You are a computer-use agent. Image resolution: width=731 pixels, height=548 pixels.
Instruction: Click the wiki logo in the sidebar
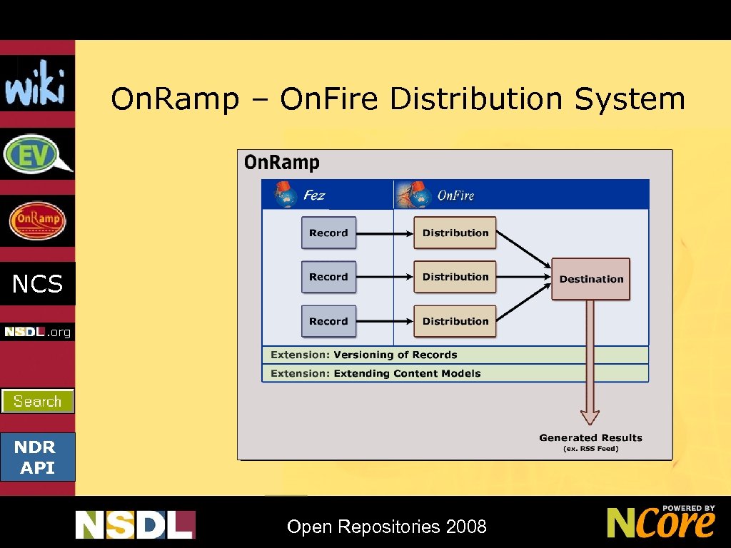pyautogui.click(x=36, y=83)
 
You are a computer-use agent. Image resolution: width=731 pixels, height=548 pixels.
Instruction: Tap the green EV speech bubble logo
pyautogui.click(x=37, y=154)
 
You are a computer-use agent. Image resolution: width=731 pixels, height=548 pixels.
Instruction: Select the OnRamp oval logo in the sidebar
pyautogui.click(x=37, y=220)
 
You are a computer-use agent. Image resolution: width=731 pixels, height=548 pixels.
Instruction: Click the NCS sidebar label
pyautogui.click(x=37, y=284)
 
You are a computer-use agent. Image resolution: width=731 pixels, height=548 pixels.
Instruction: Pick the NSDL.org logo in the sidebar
pyautogui.click(x=37, y=332)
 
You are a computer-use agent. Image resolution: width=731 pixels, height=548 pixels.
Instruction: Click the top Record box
pyautogui.click(x=328, y=233)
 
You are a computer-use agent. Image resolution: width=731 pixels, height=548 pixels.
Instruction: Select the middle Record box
pyautogui.click(x=328, y=277)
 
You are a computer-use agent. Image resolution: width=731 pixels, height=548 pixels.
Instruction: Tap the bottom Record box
pyautogui.click(x=328, y=321)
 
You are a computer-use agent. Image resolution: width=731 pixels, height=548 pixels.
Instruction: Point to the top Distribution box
pyautogui.click(x=455, y=233)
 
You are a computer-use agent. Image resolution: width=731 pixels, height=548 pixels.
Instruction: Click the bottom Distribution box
pyautogui.click(x=455, y=321)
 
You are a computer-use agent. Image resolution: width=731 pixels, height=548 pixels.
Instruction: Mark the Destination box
pyautogui.click(x=591, y=279)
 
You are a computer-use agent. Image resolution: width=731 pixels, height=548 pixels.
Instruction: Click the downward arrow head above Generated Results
pyautogui.click(x=590, y=417)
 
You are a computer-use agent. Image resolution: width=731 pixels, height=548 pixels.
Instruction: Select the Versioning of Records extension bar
pyautogui.click(x=455, y=355)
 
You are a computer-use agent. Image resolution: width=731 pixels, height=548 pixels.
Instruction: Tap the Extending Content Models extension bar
pyautogui.click(x=455, y=373)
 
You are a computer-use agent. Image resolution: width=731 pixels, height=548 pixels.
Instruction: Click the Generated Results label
pyautogui.click(x=590, y=438)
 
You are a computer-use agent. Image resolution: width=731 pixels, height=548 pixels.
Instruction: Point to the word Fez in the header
pyautogui.click(x=314, y=195)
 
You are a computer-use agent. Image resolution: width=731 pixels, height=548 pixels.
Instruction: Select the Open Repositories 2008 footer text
pyautogui.click(x=386, y=527)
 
